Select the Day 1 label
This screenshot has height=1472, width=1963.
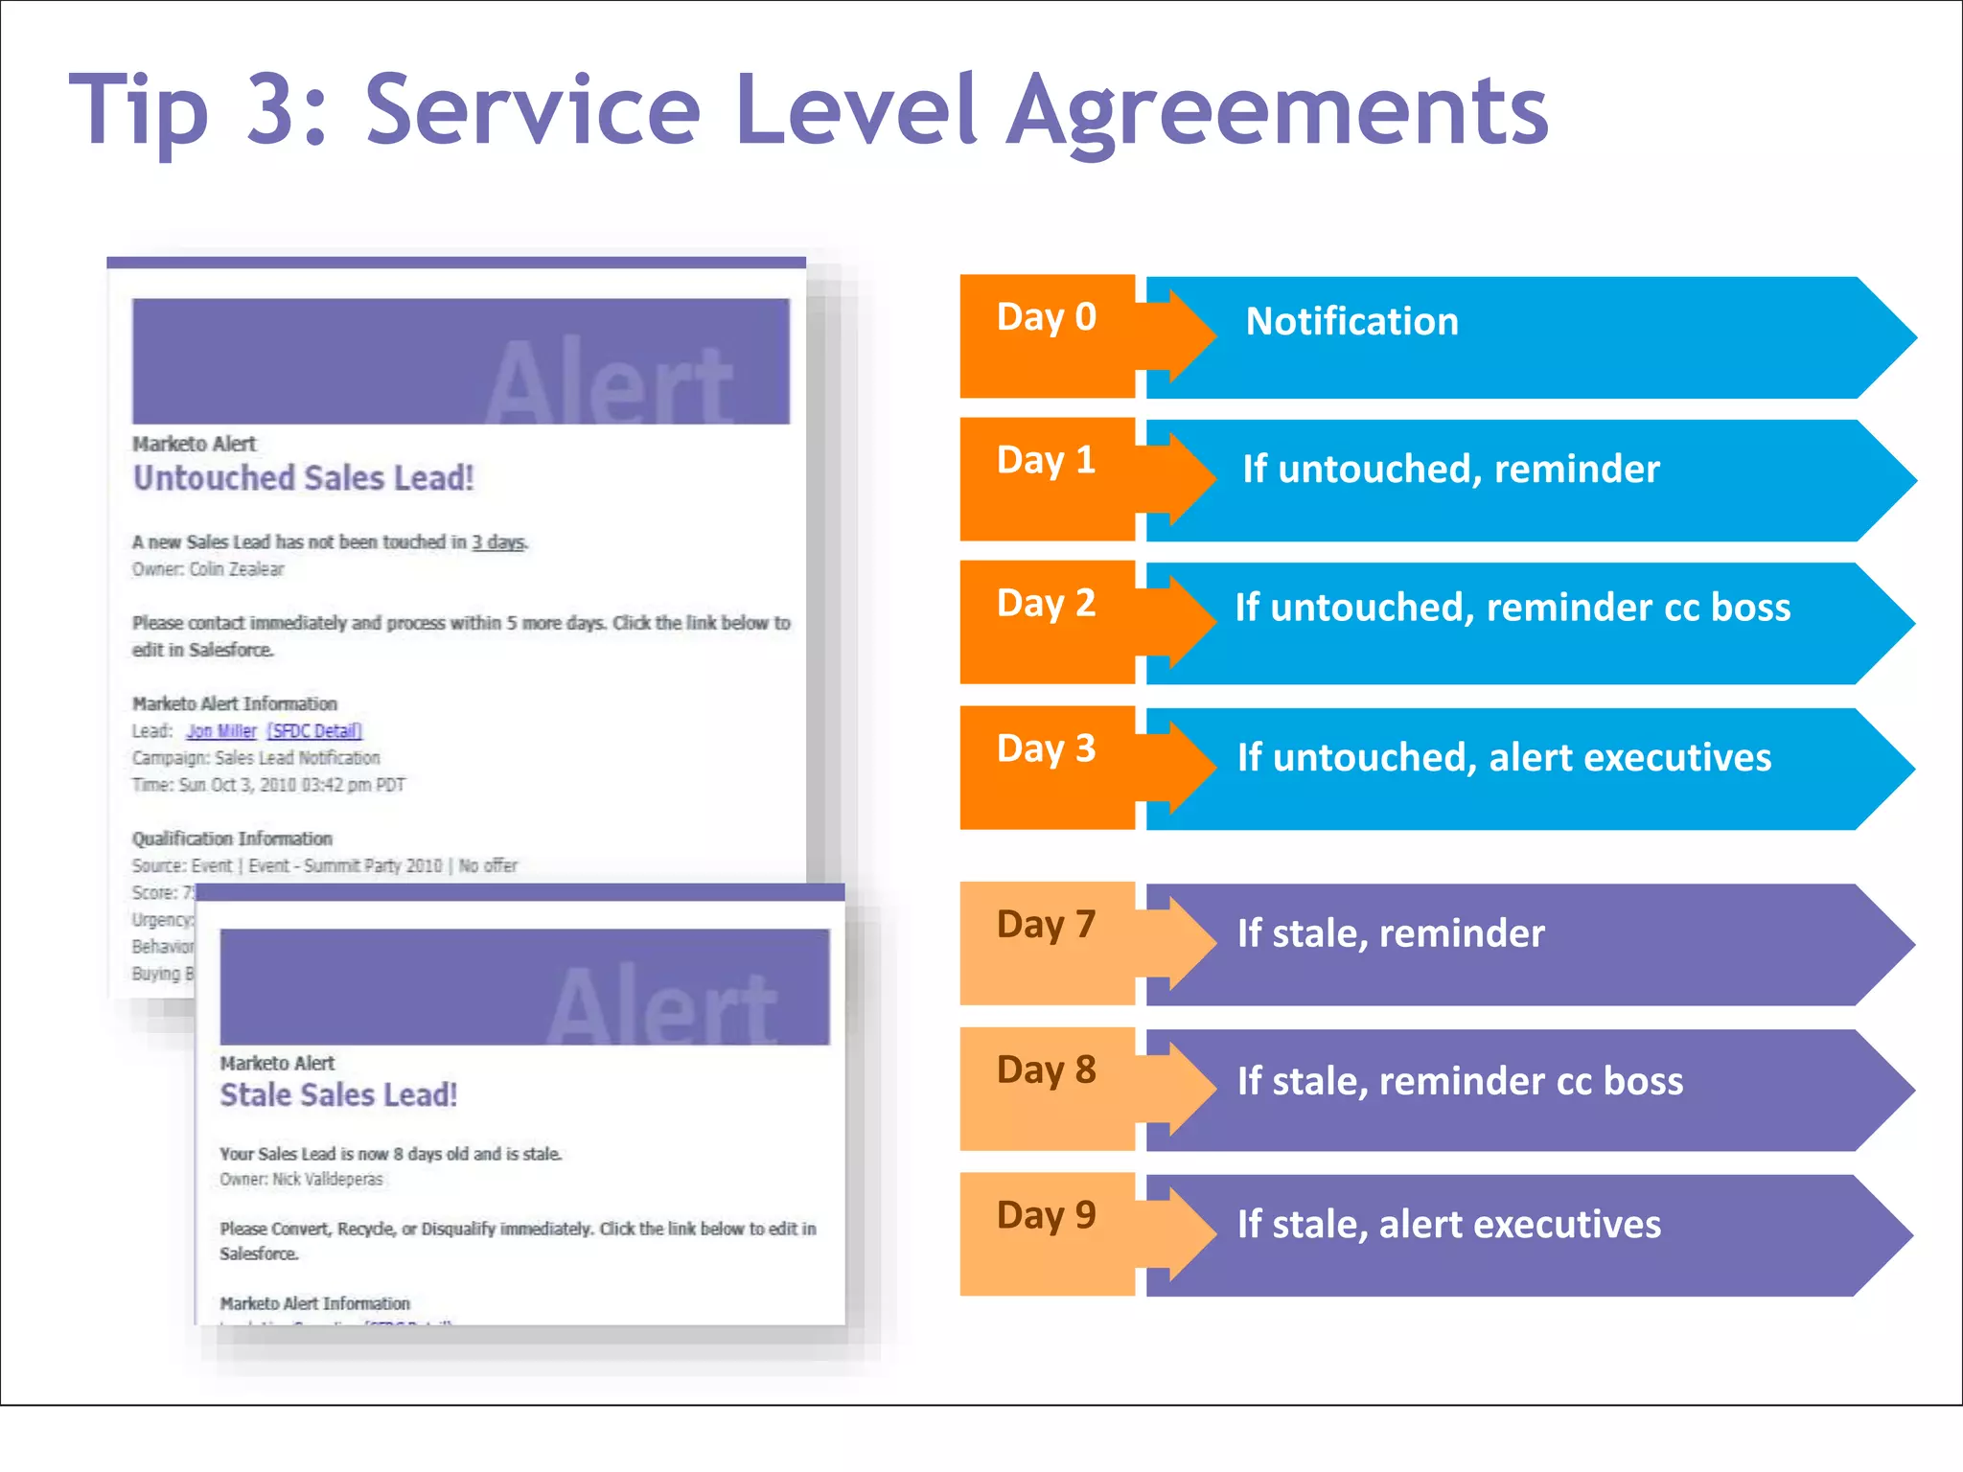pyautogui.click(x=1046, y=461)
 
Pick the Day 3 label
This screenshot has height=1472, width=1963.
pyautogui.click(x=1046, y=748)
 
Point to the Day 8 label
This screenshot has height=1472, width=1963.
pyautogui.click(x=1046, y=1069)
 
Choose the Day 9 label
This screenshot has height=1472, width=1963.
pyautogui.click(x=1046, y=1215)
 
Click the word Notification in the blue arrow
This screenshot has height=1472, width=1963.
pyautogui.click(x=1351, y=322)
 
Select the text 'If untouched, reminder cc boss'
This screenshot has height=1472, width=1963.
pyautogui.click(x=1512, y=608)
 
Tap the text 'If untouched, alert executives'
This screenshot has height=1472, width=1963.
pyautogui.click(x=1504, y=758)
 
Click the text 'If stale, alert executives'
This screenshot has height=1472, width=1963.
pyautogui.click(x=1448, y=1225)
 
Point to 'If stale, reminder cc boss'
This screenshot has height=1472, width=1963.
pyautogui.click(x=1459, y=1081)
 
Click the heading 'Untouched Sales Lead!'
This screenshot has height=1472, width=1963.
pyautogui.click(x=303, y=478)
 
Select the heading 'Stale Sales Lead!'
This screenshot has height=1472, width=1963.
pyautogui.click(x=338, y=1094)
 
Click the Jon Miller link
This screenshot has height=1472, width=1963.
pyautogui.click(x=221, y=731)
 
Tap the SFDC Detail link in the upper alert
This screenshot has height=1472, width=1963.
pyautogui.click(x=314, y=731)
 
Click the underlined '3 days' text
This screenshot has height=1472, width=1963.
pyautogui.click(x=498, y=542)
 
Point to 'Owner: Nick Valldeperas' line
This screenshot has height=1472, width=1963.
pyautogui.click(x=301, y=1180)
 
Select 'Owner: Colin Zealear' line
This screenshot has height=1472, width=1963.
pyautogui.click(x=208, y=569)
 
